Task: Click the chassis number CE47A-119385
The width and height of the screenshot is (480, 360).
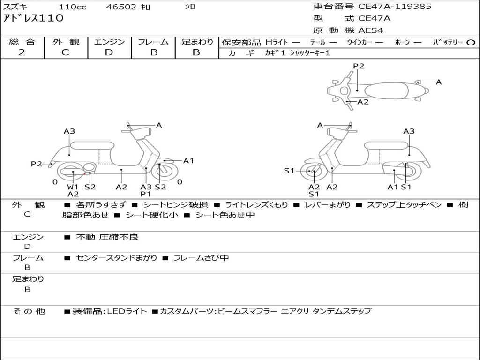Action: [x=394, y=7]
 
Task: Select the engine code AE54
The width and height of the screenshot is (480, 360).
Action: [x=371, y=30]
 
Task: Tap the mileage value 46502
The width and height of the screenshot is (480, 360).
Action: [x=121, y=7]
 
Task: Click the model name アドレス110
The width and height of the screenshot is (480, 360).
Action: [x=33, y=18]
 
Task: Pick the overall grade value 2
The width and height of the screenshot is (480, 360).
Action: [x=22, y=52]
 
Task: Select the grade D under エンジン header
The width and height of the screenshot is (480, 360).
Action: [x=109, y=52]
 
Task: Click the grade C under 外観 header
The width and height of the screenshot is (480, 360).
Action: [x=65, y=52]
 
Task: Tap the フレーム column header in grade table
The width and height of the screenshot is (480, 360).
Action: [x=153, y=42]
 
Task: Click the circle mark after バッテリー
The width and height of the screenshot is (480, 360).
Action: [x=471, y=42]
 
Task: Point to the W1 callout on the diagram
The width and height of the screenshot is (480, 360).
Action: [x=73, y=187]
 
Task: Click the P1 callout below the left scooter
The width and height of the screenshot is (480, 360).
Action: [x=146, y=194]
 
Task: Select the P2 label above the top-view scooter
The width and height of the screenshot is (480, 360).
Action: [x=359, y=66]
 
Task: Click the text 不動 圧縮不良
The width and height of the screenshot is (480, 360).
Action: [x=107, y=237]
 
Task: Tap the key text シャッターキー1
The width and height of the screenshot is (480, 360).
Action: [x=310, y=53]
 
